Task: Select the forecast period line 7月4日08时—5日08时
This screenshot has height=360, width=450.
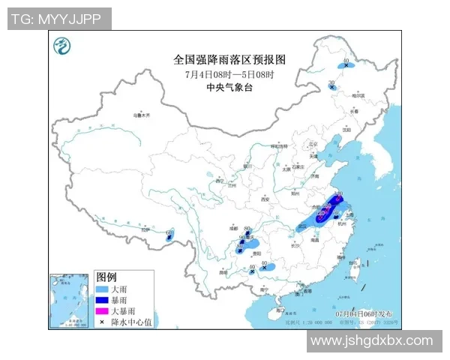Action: (229, 75)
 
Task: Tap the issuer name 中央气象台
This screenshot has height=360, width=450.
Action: (229, 88)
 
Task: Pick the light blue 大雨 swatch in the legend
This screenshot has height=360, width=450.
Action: (103, 289)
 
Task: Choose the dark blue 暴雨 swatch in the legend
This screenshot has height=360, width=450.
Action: (103, 300)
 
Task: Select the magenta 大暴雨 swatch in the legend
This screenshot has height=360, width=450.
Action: (103, 310)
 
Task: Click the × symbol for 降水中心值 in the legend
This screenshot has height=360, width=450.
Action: (103, 321)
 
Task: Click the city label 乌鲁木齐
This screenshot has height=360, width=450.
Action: (142, 115)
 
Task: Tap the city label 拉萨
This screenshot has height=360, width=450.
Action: (149, 233)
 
